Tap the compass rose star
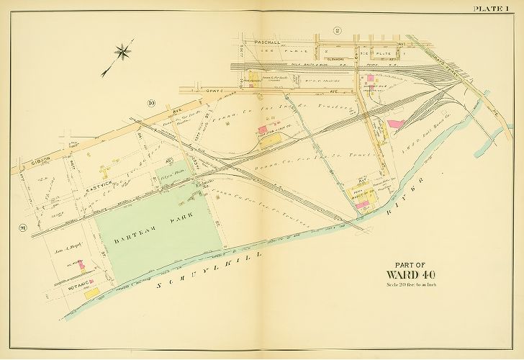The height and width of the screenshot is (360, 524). point(123,51)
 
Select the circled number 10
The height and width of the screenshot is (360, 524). point(150,103)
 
